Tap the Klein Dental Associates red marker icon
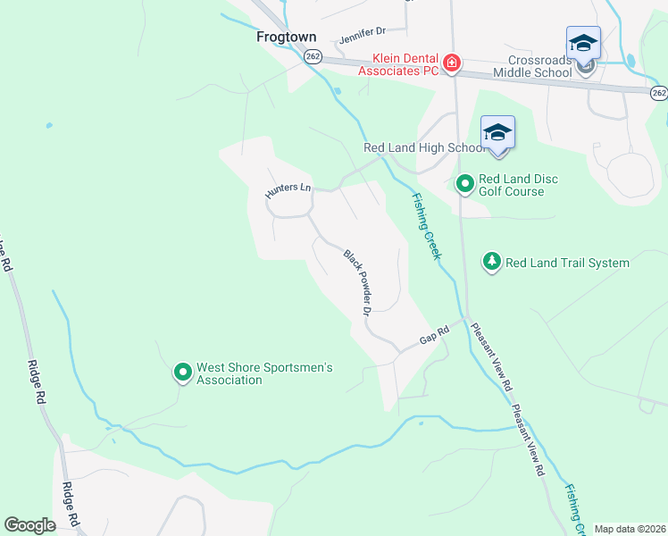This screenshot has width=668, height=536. point(452,63)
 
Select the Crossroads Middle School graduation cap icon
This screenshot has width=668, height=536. point(583,43)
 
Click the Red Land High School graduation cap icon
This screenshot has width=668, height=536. point(497,133)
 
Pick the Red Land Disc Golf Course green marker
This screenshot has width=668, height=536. point(464,185)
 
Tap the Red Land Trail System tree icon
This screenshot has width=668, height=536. point(491,262)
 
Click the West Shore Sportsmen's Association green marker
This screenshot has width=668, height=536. point(182,373)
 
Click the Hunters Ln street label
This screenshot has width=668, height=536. point(288,189)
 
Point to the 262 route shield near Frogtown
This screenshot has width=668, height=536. point(312,56)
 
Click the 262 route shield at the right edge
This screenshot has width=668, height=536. point(658,93)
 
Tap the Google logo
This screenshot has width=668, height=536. point(29,525)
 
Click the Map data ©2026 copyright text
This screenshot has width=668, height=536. point(629,529)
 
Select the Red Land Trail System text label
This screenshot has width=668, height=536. point(567,263)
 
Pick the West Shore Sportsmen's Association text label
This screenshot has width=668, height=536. point(264,373)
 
